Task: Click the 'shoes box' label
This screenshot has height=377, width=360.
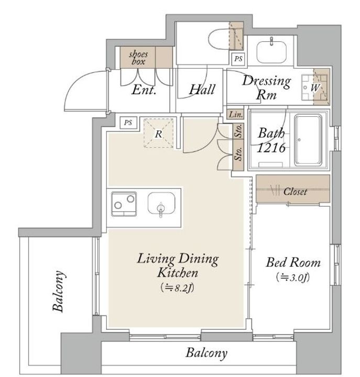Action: click(x=138, y=58)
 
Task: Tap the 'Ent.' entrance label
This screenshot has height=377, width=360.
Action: click(x=144, y=90)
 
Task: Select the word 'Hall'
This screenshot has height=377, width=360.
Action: click(x=202, y=90)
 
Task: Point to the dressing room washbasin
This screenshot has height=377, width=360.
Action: click(x=271, y=52)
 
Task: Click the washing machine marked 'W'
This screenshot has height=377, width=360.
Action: click(x=315, y=87)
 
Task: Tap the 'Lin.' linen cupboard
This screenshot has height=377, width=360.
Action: click(x=235, y=115)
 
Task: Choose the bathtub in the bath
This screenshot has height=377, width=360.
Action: click(x=308, y=140)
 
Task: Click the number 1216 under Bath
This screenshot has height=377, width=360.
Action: click(x=271, y=148)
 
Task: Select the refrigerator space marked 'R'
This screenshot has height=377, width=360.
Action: click(x=158, y=133)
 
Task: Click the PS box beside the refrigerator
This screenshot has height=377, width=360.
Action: click(x=128, y=123)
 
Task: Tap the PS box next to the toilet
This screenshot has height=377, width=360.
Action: click(x=238, y=59)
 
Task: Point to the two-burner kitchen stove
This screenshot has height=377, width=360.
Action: click(x=124, y=204)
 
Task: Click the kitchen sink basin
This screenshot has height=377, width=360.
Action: click(x=161, y=203)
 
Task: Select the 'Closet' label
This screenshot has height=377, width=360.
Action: click(x=295, y=192)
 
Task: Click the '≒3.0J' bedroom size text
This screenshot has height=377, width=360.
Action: click(x=292, y=278)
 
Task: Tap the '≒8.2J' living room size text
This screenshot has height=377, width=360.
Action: click(x=177, y=287)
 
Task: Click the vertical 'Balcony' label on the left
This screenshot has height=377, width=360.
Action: click(x=59, y=291)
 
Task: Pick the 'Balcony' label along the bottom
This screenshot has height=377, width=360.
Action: click(x=206, y=353)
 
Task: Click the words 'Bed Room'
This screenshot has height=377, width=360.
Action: click(x=293, y=262)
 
